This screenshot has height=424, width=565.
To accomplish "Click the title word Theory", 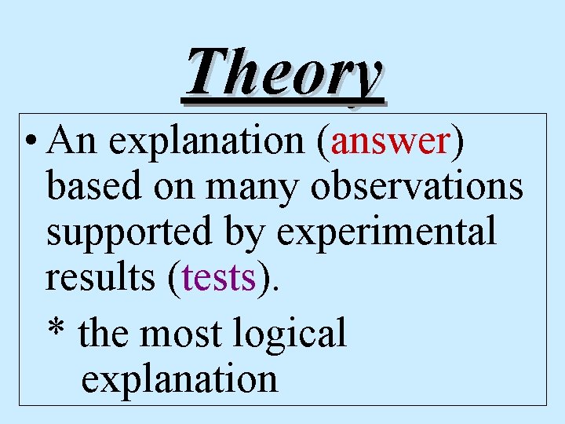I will pos(284,75).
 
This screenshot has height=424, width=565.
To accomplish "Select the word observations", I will pos(417,186).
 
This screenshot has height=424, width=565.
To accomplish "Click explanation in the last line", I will pos(179,379).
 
